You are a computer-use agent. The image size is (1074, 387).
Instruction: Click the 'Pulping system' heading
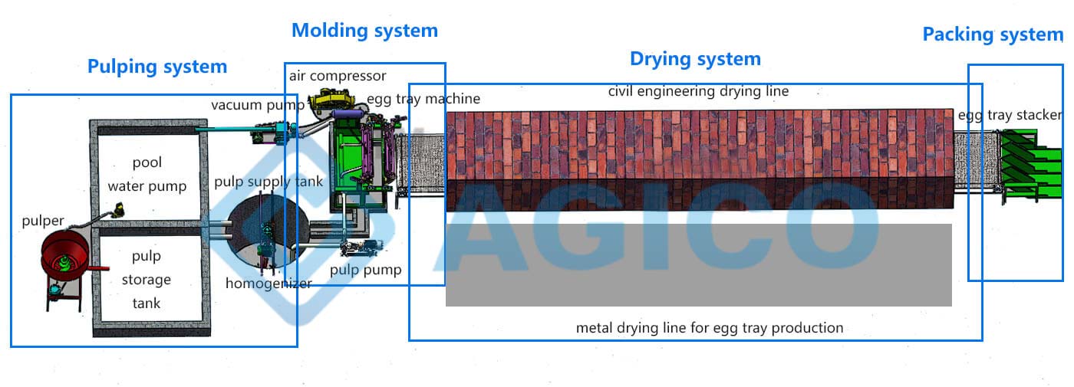tap(157, 67)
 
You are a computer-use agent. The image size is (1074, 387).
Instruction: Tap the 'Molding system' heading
tap(365, 31)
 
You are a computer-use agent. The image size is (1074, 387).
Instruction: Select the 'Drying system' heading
tap(695, 59)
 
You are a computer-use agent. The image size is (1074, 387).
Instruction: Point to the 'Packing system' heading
tap(993, 34)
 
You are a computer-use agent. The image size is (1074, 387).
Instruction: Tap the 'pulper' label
tap(43, 221)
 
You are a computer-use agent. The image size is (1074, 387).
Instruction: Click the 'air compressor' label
tap(338, 76)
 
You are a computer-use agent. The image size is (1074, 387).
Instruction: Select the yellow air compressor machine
tap(331, 100)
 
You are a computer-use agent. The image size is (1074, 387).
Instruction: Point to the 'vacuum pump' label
tap(258, 105)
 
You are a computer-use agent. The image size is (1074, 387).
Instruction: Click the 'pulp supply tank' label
tap(268, 182)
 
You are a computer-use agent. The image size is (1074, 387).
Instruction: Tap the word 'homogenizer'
tap(268, 284)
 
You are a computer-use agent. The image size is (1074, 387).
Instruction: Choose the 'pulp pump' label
tap(365, 270)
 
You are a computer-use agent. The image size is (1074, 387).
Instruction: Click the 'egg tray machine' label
tap(423, 99)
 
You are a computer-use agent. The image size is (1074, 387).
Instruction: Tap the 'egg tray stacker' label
tap(1010, 115)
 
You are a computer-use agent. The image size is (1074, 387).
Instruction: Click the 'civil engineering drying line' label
tap(698, 91)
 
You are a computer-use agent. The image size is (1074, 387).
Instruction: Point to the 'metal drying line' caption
tap(710, 328)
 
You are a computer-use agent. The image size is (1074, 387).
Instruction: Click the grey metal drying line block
tap(699, 265)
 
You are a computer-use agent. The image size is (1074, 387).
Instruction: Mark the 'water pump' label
tap(147, 185)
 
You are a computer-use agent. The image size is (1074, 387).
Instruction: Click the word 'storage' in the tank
tap(147, 279)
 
